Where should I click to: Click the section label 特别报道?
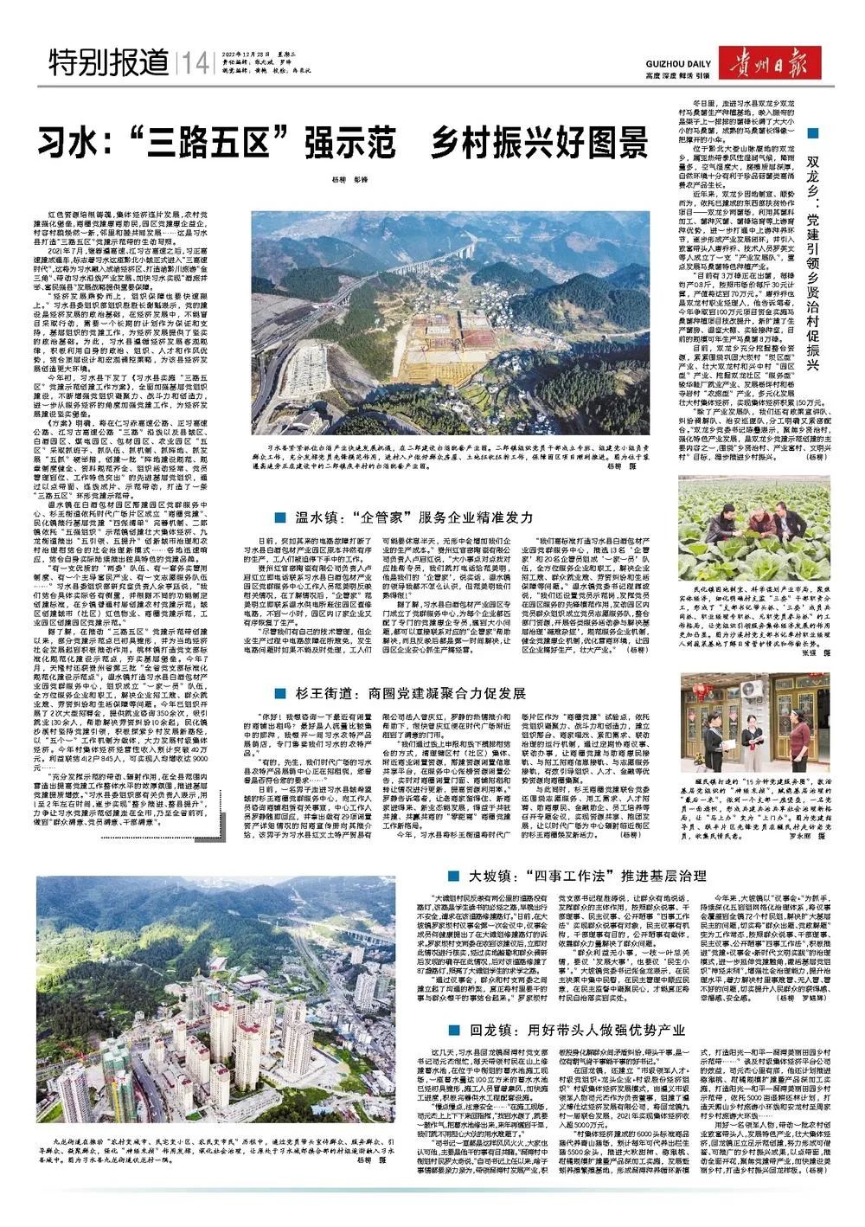pyautogui.click(x=109, y=62)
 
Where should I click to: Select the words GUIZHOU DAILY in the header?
pyautogui.click(x=678, y=64)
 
